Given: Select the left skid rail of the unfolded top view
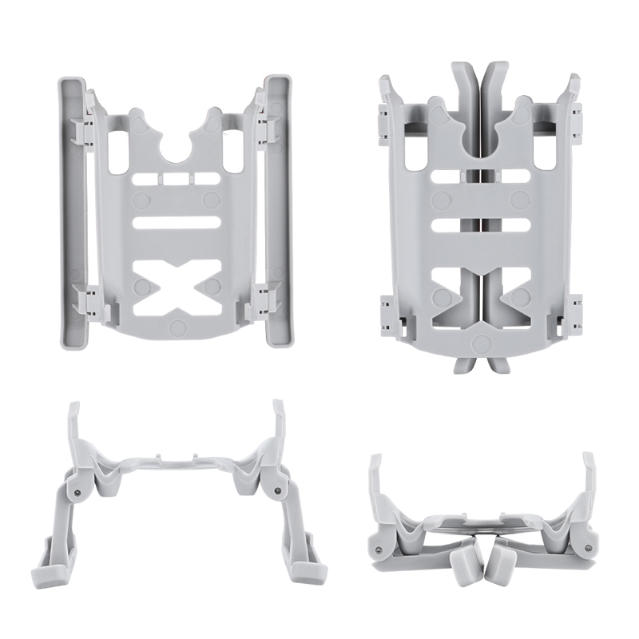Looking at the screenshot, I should (x=69, y=212).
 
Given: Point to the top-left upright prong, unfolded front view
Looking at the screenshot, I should (x=73, y=423).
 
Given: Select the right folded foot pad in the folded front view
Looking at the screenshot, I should (x=502, y=566).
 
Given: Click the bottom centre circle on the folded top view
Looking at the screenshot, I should (x=480, y=343).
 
